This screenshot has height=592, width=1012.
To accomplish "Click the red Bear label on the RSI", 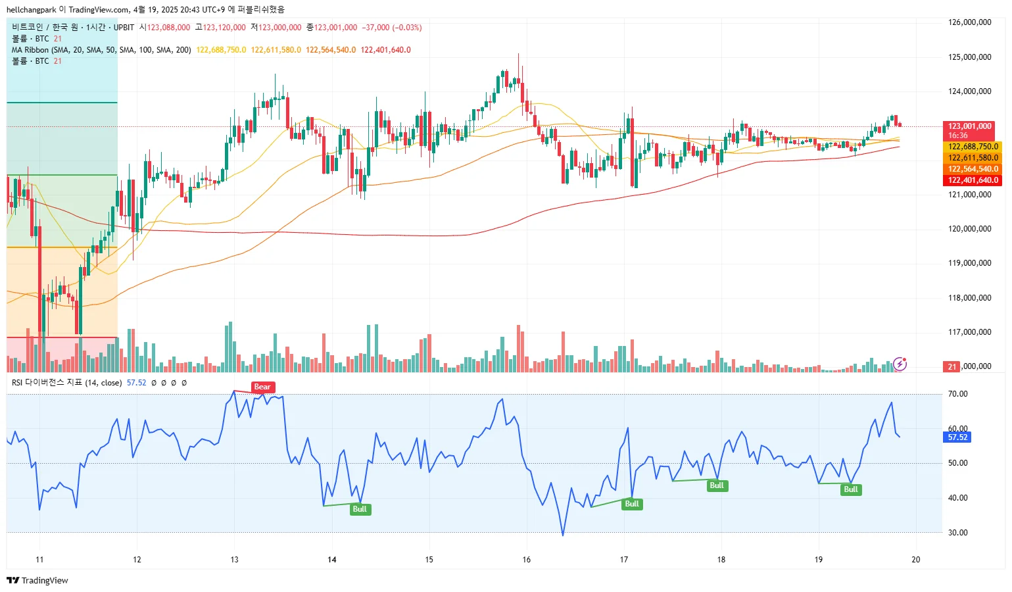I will click(x=262, y=387).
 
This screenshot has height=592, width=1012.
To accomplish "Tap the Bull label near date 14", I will click(x=360, y=509).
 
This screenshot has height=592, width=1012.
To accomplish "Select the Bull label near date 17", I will click(x=631, y=504).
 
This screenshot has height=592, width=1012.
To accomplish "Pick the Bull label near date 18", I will click(x=716, y=485).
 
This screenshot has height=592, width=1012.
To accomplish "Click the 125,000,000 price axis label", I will click(x=969, y=57).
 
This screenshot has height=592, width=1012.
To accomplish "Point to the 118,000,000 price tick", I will click(x=969, y=298).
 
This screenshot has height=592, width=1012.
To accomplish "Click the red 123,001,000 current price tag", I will click(x=969, y=126).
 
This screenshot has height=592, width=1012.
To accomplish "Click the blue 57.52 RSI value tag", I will click(x=957, y=437).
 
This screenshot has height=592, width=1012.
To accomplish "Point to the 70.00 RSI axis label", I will click(x=957, y=394).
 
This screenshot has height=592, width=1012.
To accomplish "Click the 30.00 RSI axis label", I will click(x=957, y=533).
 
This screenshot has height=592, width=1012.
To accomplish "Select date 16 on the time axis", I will click(x=527, y=560).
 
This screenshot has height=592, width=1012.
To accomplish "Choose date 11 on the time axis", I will click(x=39, y=560).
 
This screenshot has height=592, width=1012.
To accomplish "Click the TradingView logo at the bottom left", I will click(x=37, y=580).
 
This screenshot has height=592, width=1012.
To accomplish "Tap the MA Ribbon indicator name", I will click(x=30, y=50).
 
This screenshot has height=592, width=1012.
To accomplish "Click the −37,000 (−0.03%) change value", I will click(x=392, y=28).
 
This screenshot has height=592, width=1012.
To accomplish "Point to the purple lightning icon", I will click(x=900, y=364).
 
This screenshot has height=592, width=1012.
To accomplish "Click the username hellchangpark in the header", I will click(x=31, y=9).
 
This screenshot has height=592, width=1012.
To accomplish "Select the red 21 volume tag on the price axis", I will click(x=952, y=366).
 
